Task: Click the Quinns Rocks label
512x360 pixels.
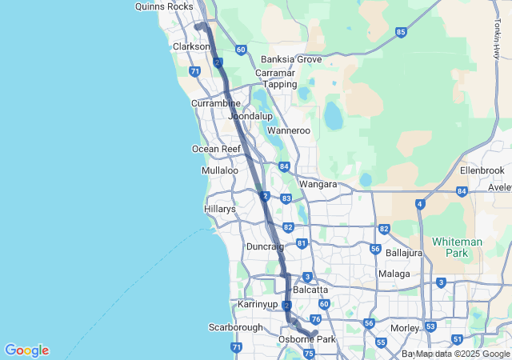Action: coord(164,6)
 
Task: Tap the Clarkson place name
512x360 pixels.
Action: coord(191,46)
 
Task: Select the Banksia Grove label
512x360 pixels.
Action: coord(291,59)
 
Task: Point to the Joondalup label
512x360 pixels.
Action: coord(250,116)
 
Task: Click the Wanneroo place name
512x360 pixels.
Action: coord(288,130)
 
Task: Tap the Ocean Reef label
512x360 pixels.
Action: coord(216,149)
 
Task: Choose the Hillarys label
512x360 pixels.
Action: coord(220,209)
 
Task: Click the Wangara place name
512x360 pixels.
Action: coord(318,184)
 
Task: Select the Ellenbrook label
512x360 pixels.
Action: coord(482,171)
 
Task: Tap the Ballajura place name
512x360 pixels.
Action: coord(404,253)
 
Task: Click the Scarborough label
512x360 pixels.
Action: coord(236,327)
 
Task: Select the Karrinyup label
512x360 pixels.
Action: coord(258,305)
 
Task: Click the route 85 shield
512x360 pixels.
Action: coord(401,32)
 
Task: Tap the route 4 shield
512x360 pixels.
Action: coord(419,204)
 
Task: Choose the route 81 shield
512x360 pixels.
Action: coord(302,243)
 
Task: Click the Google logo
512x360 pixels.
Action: coord(26,350)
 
